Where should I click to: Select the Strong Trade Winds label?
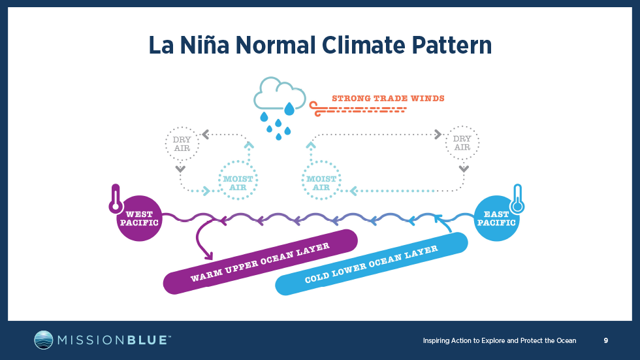click(x=388, y=99)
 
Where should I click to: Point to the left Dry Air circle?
click(x=180, y=143)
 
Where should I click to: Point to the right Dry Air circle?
click(x=462, y=143)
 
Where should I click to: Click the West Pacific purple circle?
click(x=139, y=218)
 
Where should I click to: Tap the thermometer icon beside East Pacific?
click(x=519, y=199)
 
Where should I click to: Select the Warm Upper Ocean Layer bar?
click(x=259, y=261)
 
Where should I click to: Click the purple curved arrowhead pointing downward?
click(x=208, y=255)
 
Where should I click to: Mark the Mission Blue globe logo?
click(x=44, y=340)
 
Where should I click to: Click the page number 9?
click(x=606, y=340)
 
